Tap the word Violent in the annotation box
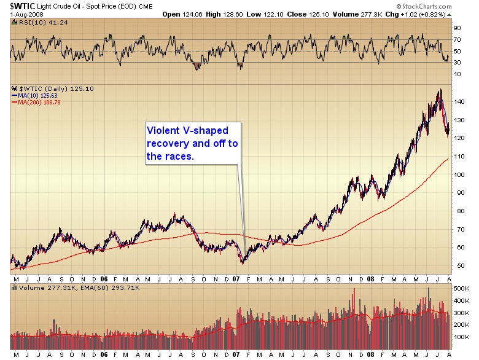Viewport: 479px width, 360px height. coord(161,131)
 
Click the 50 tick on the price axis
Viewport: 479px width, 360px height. coord(456,265)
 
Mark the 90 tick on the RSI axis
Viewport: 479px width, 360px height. coord(456,28)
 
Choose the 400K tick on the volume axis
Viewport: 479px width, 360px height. coord(459,301)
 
